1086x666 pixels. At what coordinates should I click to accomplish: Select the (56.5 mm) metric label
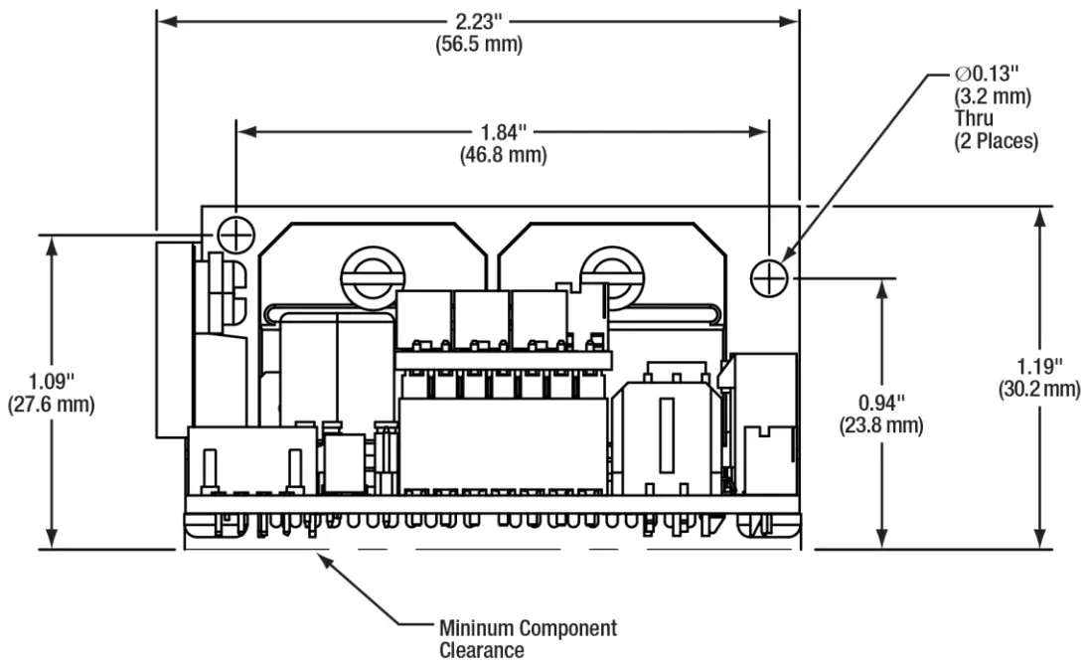tap(478, 45)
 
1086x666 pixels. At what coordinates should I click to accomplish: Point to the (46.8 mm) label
tap(503, 154)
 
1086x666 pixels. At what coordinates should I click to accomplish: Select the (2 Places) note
tap(996, 142)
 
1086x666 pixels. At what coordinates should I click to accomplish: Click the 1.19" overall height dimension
tap(1038, 365)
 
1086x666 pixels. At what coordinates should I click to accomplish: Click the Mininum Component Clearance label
tap(528, 638)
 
